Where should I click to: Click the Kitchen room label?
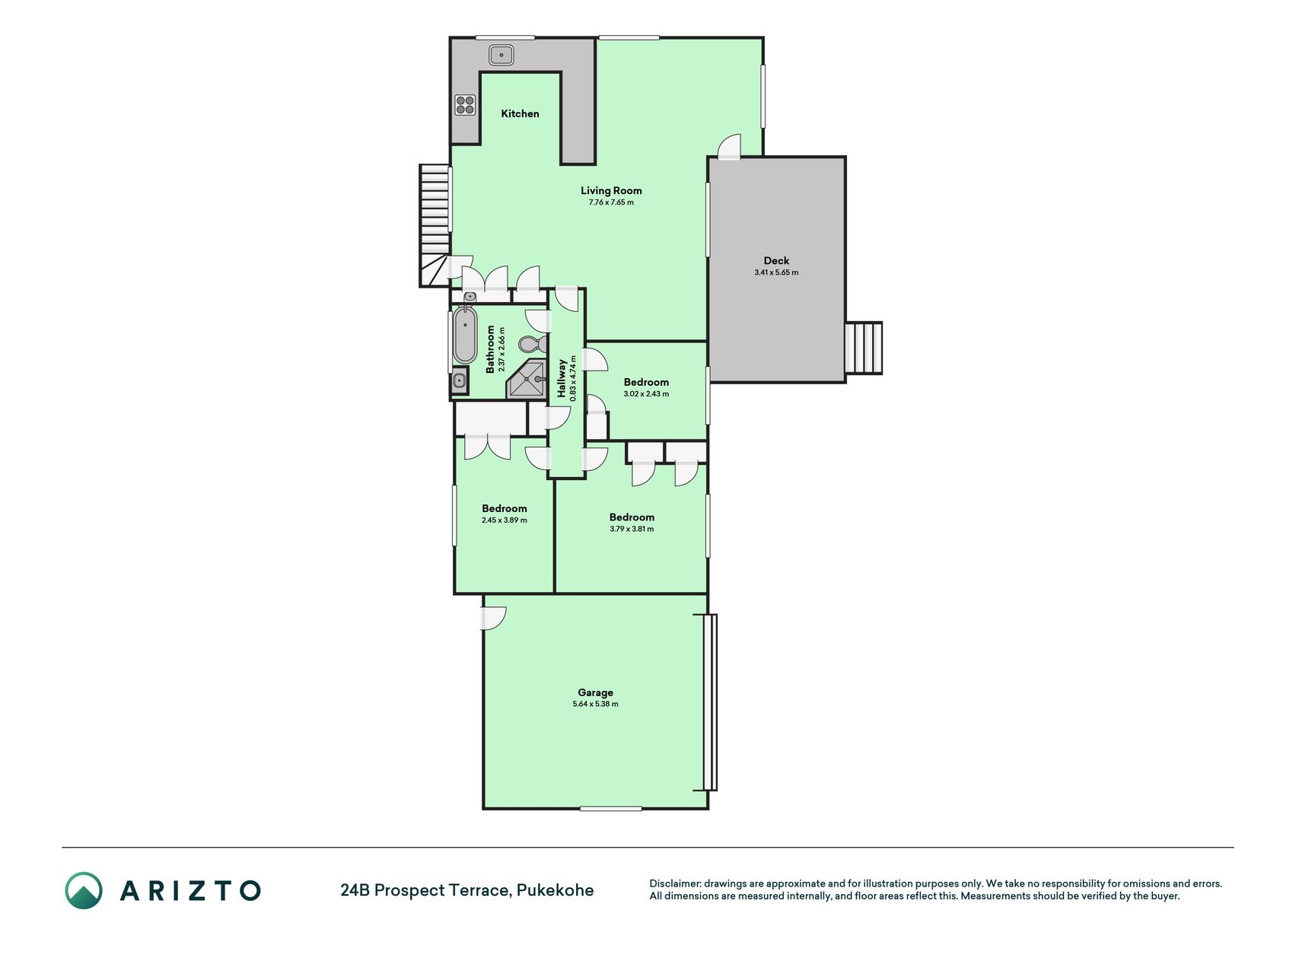[x=520, y=113]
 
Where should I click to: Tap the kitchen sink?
[x=501, y=55]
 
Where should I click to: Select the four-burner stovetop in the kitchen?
[x=465, y=105]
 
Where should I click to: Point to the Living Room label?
[x=611, y=190]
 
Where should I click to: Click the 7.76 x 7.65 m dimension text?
[x=611, y=202]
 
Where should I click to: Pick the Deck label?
[x=776, y=260]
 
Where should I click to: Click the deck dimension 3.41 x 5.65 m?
[x=776, y=272]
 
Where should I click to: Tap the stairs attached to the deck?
[x=864, y=348]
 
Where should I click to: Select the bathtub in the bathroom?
[x=465, y=335]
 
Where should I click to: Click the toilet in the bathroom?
[x=531, y=344]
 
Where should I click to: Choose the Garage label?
[x=595, y=692]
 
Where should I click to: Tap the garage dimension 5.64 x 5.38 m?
[x=595, y=704]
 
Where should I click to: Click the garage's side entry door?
[x=493, y=617]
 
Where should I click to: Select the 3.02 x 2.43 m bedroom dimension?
[x=646, y=394]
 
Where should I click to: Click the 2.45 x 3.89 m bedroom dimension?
[x=504, y=520]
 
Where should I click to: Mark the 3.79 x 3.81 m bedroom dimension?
[x=632, y=529]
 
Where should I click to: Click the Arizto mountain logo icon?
[x=84, y=890]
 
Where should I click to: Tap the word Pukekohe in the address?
[x=556, y=890]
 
